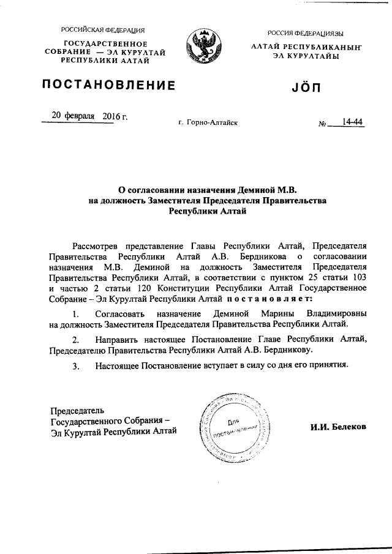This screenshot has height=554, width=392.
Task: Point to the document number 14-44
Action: [x=353, y=122]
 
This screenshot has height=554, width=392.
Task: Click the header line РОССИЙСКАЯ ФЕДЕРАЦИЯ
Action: [x=102, y=30]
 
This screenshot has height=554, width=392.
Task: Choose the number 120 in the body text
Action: [x=161, y=287]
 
